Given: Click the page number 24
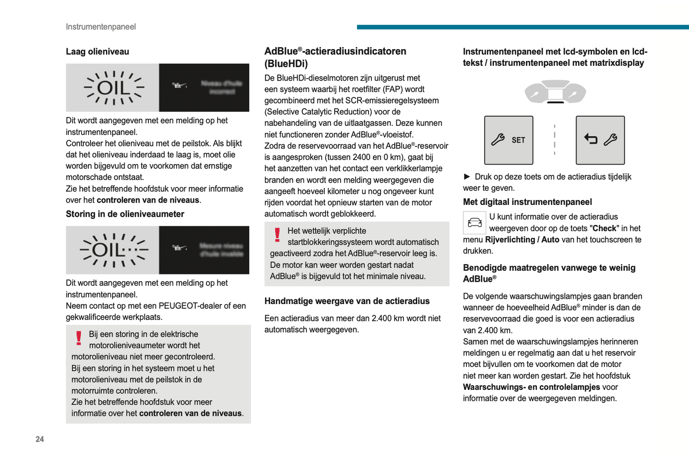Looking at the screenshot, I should click(x=40, y=439).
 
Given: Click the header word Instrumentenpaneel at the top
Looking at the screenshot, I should click(x=101, y=27).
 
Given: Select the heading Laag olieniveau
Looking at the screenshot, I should click(x=97, y=51).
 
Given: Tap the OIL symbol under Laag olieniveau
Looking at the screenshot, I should click(x=113, y=88).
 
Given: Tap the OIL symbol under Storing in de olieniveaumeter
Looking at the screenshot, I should click(x=113, y=250).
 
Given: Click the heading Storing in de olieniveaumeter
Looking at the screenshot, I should click(x=125, y=214).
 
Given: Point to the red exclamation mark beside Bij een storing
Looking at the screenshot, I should click(x=79, y=338).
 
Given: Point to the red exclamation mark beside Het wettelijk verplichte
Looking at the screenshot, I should click(x=278, y=235).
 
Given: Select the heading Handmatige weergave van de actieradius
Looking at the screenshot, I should click(x=347, y=301).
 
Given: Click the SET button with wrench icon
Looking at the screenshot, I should click(x=508, y=140).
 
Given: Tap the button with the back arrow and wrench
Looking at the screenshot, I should click(x=600, y=140).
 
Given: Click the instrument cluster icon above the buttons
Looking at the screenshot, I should click(x=555, y=92).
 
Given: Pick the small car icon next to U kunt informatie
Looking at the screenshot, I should click(x=474, y=223).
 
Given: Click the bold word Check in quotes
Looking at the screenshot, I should click(x=604, y=228).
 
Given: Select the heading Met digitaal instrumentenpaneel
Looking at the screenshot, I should click(x=527, y=202).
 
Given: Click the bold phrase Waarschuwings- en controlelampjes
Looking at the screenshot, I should click(x=531, y=387).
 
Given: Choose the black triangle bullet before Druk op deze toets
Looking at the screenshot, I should click(x=467, y=176).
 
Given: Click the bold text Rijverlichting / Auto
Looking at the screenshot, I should click(x=522, y=240).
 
